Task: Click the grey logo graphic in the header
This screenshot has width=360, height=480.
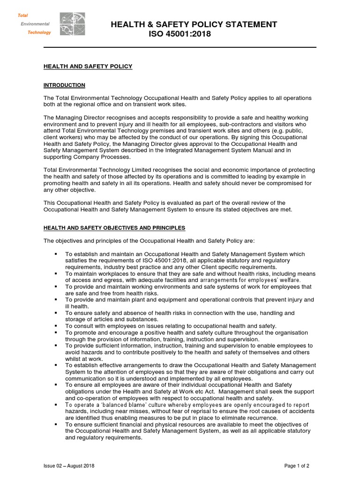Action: pos(72,24)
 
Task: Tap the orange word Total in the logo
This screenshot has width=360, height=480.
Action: pos(23,15)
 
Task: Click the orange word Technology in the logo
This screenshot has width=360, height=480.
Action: pos(39,33)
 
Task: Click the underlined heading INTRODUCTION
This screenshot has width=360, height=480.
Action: pos(64,85)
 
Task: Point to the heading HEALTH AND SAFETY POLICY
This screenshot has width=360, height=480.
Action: pos(88,67)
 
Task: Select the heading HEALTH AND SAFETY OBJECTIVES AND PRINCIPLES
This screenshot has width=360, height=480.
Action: pos(114,228)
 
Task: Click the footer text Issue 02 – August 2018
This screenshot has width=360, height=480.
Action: pos(69,466)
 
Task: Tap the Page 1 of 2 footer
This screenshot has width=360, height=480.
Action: pos(297,466)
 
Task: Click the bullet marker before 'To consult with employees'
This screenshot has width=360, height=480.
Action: pos(56,326)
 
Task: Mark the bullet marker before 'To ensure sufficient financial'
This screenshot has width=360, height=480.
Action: pos(56,424)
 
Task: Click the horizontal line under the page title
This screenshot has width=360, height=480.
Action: pos(180,47)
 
